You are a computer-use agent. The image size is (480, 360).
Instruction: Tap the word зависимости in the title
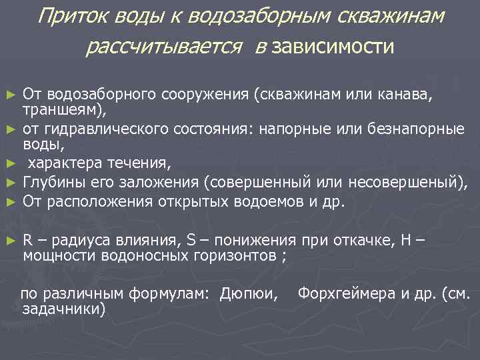click(x=333, y=48)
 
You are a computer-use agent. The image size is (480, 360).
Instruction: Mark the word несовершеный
click(x=409, y=181)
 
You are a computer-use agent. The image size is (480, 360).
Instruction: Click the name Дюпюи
click(x=253, y=293)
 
